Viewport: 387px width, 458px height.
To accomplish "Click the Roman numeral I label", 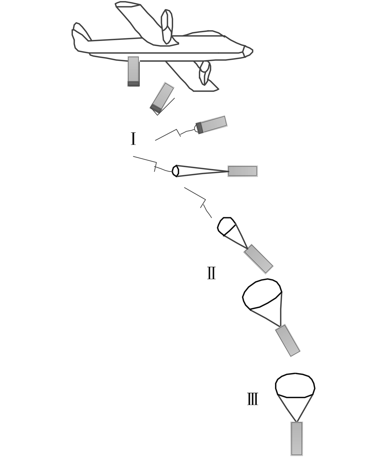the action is tap(133, 139).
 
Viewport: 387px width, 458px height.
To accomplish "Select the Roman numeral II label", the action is tap(211, 273).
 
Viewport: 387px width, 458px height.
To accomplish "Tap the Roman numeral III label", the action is tap(253, 399).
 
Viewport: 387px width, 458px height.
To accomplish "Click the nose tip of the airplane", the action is tap(253, 51).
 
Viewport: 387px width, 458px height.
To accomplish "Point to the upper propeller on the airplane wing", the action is tap(167, 27).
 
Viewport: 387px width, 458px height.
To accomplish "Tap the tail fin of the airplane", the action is tap(81, 32).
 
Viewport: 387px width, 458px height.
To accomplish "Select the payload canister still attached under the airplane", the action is tap(133, 71).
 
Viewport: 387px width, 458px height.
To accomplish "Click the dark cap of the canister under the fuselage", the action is tap(133, 84).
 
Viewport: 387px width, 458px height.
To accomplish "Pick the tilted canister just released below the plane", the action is tap(162, 98).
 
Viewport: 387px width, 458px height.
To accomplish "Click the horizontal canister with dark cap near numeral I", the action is tap(211, 125).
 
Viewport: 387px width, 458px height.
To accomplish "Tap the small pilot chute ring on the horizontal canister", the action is tap(176, 171).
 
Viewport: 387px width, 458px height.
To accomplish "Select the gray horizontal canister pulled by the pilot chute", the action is tap(243, 171).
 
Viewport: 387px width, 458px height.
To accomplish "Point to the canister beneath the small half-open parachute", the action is tap(258, 259).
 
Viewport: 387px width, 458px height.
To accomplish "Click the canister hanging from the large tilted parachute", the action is tap(288, 340).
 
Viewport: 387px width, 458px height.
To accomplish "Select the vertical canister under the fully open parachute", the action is tap(297, 439).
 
